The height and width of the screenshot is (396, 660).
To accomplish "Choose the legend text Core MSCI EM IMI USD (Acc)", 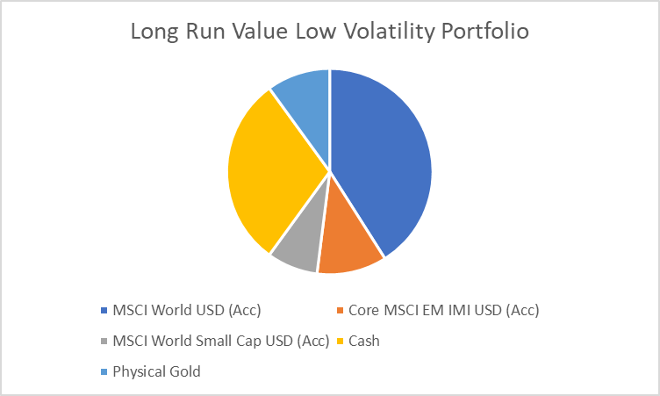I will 443,310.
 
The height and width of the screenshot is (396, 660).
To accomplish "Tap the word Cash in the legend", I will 364,341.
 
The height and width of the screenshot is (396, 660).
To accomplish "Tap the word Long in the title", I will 152,32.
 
